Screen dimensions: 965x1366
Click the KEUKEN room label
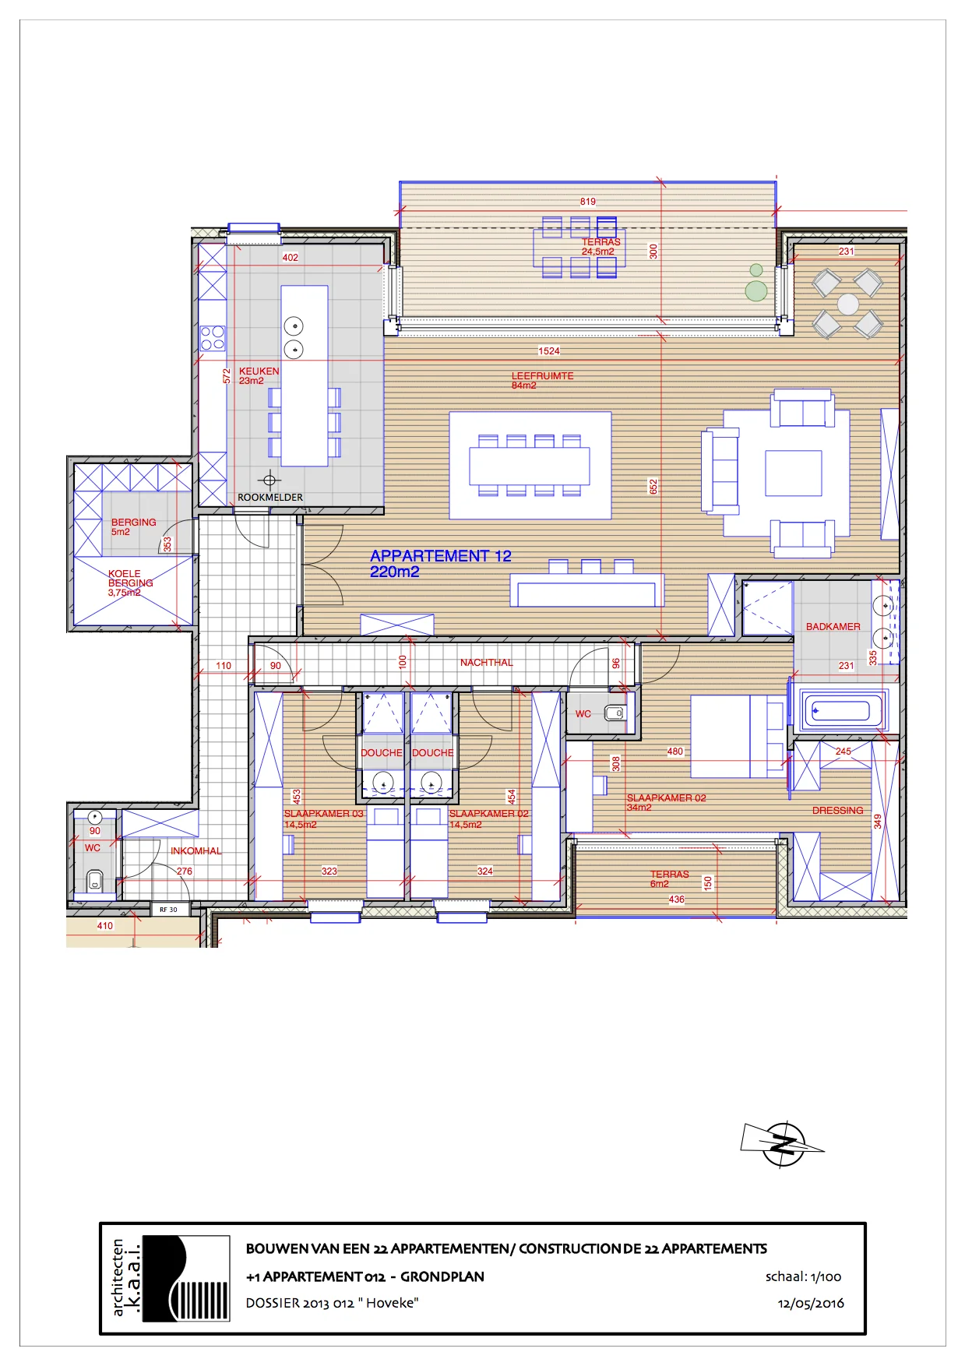(259, 371)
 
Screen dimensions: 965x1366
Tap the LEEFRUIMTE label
(542, 376)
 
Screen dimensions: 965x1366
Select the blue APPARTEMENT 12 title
(440, 556)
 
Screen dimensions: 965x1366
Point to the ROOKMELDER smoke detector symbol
(269, 481)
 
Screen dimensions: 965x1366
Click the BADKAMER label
(833, 627)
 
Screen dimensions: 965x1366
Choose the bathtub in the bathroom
(840, 710)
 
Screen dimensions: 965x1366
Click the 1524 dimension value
(548, 351)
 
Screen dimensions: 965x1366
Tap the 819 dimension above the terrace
(587, 202)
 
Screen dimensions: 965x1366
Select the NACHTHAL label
(486, 663)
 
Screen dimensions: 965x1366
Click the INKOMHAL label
(195, 851)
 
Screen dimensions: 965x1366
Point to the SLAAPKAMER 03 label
(323, 814)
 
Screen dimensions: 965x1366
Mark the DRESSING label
(837, 811)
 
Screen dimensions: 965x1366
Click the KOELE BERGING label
(130, 578)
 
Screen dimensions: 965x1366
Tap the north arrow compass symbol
(783, 1144)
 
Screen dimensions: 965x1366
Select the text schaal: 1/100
(803, 1276)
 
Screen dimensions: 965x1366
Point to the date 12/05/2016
(810, 1303)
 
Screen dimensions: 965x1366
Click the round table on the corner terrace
(847, 304)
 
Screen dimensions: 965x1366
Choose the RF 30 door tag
(168, 910)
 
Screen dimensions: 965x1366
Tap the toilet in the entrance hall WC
(95, 880)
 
